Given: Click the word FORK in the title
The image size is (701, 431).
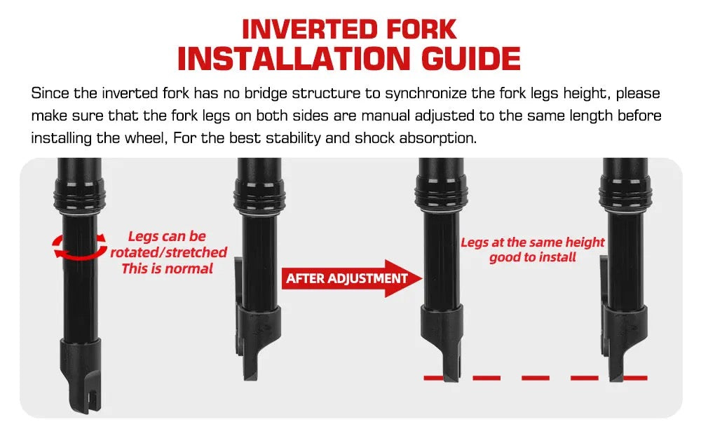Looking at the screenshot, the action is point(421,29).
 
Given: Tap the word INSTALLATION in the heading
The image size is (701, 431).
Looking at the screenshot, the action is point(293,59).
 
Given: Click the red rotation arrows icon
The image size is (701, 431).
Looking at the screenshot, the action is point(80,246).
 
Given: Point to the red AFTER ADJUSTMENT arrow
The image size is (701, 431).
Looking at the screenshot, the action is point(352,278).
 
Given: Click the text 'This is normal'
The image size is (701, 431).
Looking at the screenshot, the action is point(168,268).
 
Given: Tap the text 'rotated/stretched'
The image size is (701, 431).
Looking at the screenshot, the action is point(168,252).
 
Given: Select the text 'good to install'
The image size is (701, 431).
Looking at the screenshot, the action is point(533,257).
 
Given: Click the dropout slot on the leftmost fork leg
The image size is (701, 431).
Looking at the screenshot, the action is point(93,397).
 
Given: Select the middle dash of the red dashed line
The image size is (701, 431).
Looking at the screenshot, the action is point(535,378).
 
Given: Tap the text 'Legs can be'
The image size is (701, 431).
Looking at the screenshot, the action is point(167,236).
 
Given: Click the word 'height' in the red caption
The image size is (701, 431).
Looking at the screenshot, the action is point(585,242).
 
